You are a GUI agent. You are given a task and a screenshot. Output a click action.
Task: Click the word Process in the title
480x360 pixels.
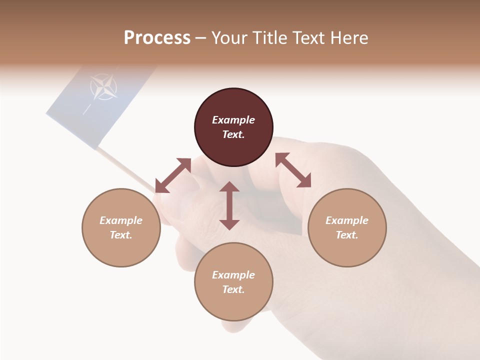tap(157, 38)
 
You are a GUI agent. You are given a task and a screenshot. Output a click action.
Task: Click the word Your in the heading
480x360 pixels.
tap(230, 38)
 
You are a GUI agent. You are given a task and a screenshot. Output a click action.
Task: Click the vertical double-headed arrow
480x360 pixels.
tap(229, 205)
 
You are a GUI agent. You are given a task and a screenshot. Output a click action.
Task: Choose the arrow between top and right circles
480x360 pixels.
tap(293, 170)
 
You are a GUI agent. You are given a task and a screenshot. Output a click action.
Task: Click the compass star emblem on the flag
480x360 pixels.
tap(104, 87)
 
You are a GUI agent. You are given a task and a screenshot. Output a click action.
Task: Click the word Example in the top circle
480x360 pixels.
tap(233, 120)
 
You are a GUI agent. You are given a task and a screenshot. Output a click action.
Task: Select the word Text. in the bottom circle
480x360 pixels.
tap(233, 289)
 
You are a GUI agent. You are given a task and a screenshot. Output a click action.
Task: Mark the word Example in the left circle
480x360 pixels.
tap(121, 220)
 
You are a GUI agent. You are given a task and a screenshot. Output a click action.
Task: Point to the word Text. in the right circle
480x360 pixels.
tap(347, 235)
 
